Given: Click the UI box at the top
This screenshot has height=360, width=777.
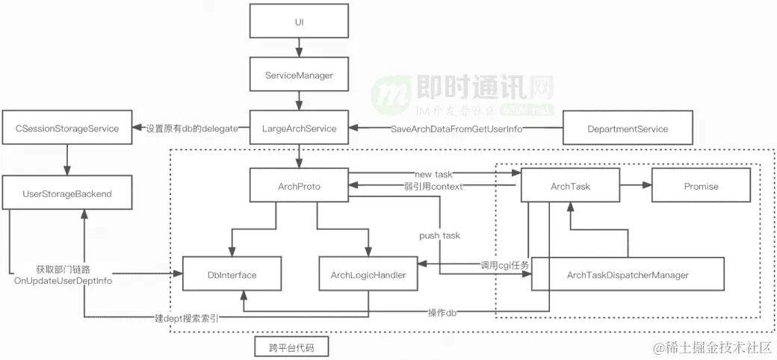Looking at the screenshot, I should click(299, 22).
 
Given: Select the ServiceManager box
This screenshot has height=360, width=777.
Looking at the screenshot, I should click(299, 75).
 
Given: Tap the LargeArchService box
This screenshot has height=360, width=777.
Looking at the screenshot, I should click(299, 128).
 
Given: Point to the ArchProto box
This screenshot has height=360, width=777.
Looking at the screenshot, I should click(299, 186).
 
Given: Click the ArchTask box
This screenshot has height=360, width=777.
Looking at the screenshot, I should click(570, 186).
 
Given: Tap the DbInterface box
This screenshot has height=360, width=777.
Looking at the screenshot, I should click(232, 275).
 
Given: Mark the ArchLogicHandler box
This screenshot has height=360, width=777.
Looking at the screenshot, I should click(368, 275).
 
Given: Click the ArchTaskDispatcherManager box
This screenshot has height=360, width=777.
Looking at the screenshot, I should click(628, 275).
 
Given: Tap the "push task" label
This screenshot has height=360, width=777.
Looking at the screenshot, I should click(439, 235).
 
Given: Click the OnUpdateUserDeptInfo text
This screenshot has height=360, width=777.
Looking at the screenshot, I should click(63, 280).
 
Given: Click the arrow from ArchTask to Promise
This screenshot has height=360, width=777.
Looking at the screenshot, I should click(636, 186).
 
